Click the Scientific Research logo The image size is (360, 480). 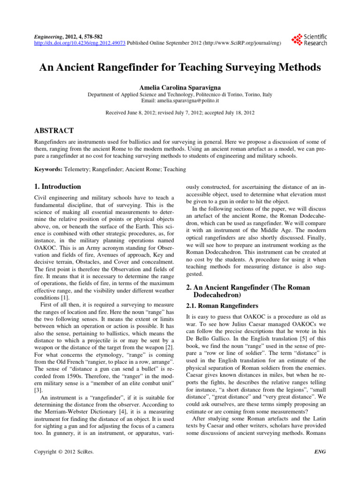point(309,39)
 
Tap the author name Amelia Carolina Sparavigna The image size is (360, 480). point(180,88)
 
